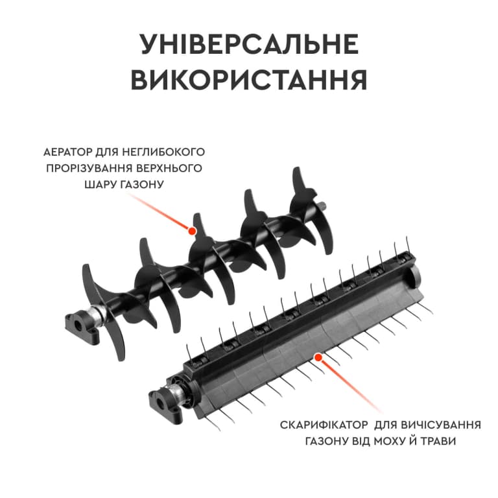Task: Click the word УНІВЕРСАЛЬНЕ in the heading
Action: point(249,44)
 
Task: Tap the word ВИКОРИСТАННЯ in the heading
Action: point(249,79)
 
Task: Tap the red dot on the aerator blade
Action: point(191,231)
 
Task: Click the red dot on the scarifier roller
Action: point(318,357)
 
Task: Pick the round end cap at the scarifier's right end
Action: point(415,275)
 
